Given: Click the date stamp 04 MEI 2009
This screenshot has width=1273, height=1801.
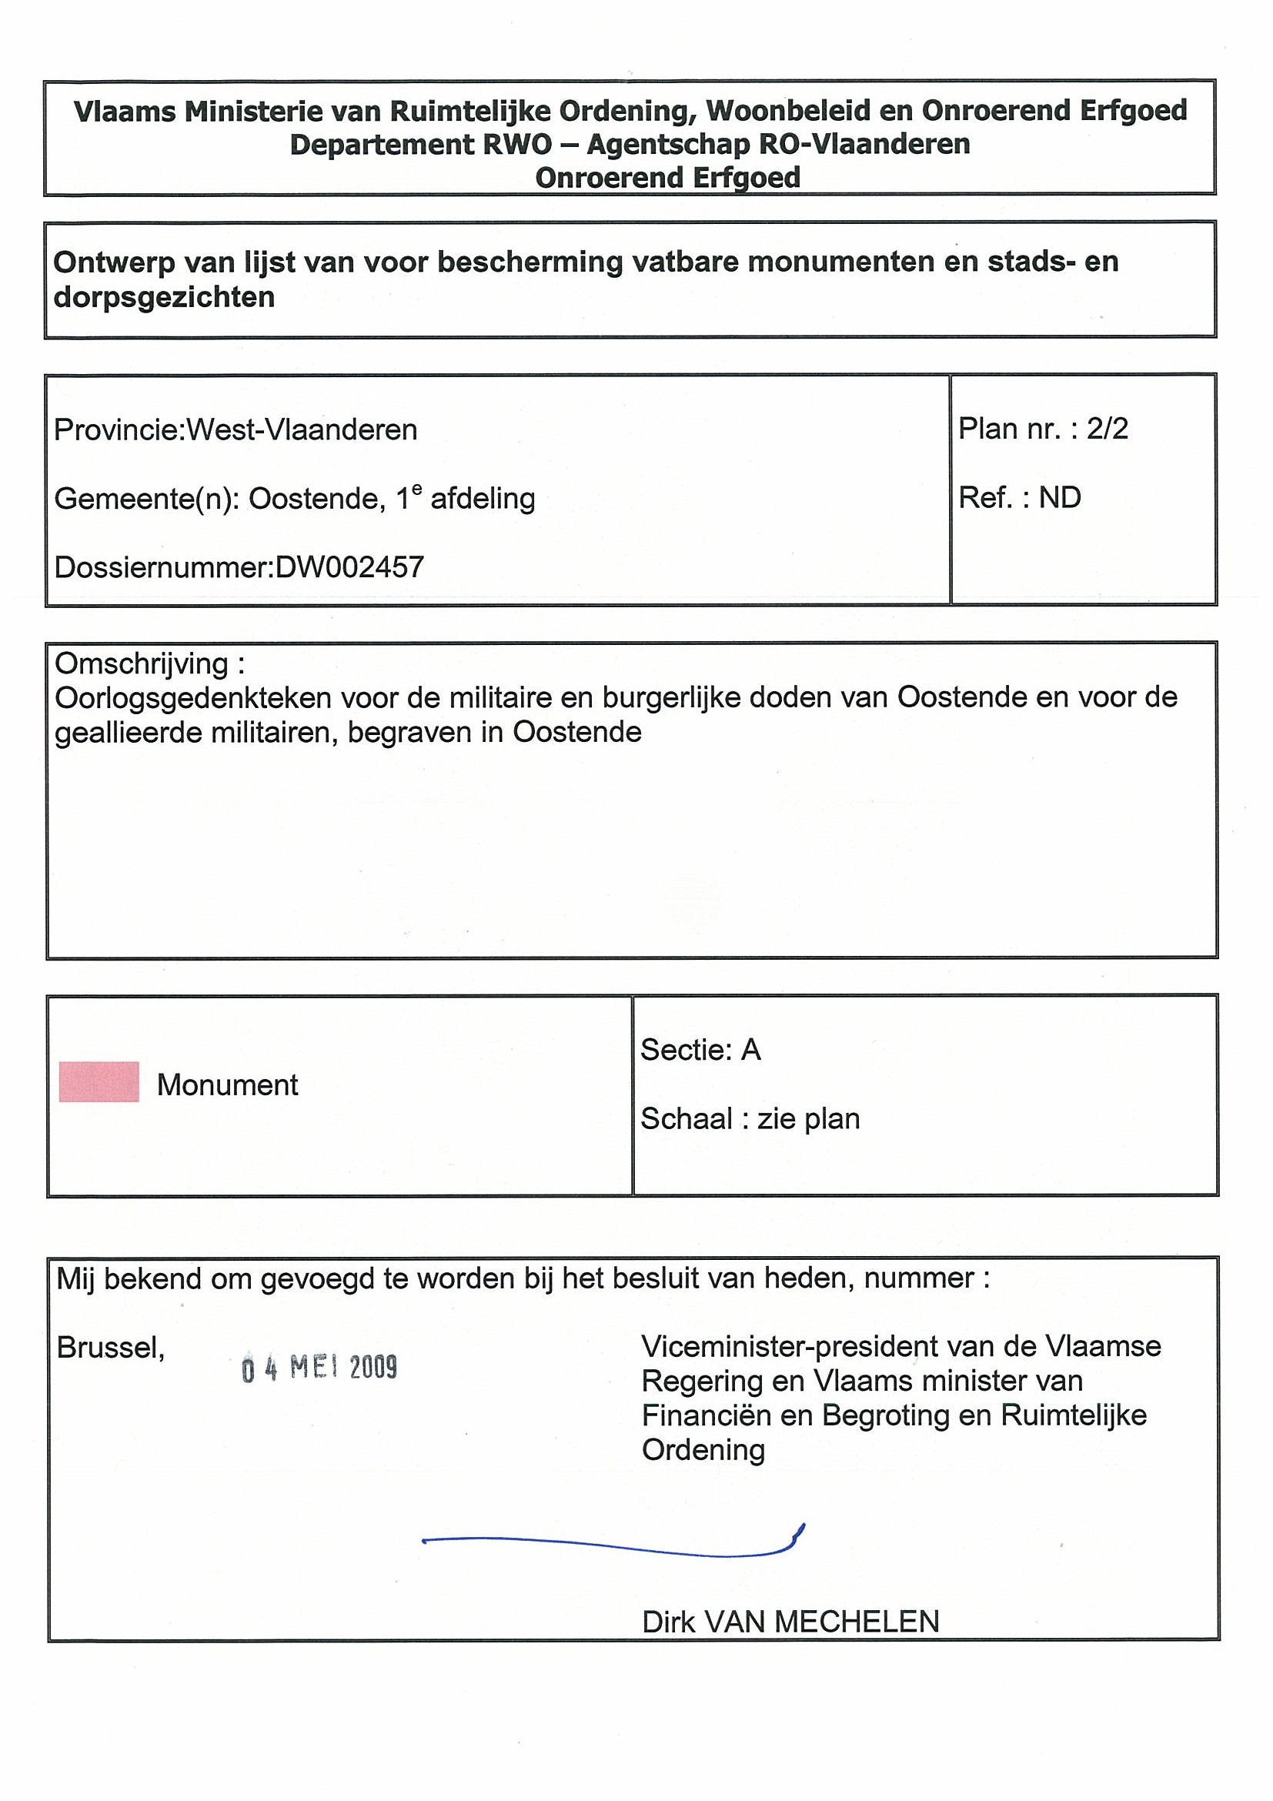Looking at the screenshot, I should coord(319,1368).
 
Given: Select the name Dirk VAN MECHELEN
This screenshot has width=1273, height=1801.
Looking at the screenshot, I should coord(790,1622).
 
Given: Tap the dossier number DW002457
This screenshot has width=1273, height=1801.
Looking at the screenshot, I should coord(350,567).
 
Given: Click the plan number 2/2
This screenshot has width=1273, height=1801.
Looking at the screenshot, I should coord(1107,429).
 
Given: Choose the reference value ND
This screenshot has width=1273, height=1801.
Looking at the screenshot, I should coord(1060,498).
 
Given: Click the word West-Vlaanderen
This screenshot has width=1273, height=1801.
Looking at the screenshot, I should coord(302,430).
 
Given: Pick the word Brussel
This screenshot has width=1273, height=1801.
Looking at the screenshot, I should coord(111,1348).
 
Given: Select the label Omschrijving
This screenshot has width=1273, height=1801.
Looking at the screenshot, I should coord(141,663).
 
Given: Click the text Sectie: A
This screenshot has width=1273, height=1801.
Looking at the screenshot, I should coord(700,1050).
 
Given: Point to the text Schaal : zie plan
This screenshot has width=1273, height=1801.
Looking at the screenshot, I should coord(750,1118).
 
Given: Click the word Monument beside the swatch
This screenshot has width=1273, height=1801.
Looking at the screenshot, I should coord(228,1085).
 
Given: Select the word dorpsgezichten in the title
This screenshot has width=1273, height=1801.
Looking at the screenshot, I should coord(164,297).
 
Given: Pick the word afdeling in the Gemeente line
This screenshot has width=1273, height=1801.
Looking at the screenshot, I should coord(483,499).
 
